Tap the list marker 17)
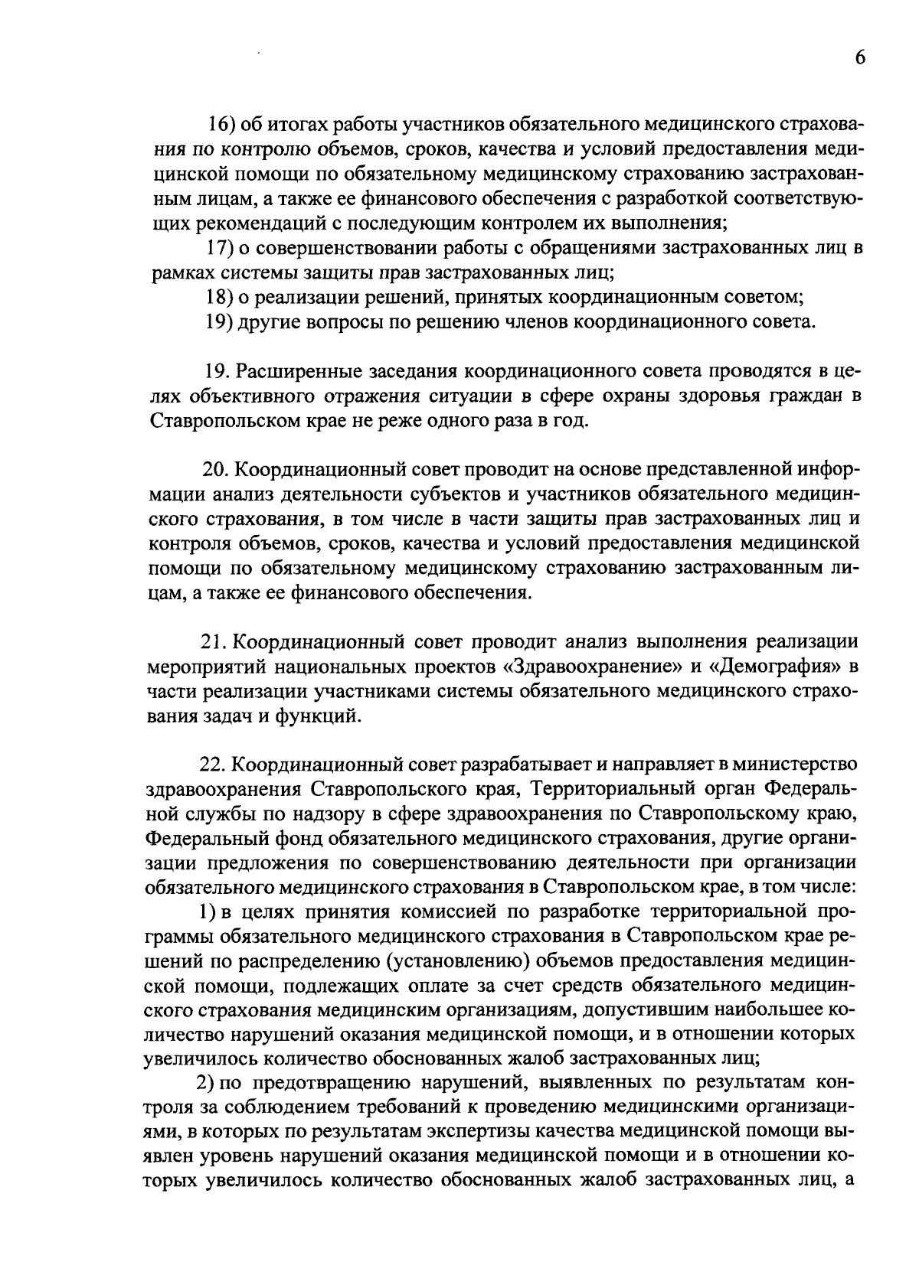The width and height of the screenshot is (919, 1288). pyautogui.click(x=222, y=249)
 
